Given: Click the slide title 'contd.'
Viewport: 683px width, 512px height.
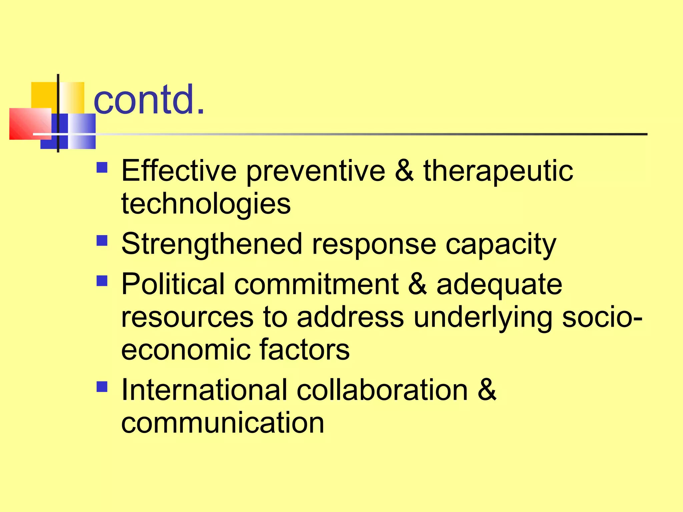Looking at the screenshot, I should [149, 99].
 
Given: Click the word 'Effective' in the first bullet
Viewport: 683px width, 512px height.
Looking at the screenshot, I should [179, 171].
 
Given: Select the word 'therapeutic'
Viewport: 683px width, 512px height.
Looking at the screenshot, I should [498, 171].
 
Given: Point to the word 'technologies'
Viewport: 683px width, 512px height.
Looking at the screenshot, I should [206, 204].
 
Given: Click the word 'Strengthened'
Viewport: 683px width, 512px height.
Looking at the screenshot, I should [211, 244].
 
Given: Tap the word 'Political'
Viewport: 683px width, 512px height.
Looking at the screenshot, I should [173, 284].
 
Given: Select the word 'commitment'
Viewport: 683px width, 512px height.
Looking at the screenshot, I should [316, 284].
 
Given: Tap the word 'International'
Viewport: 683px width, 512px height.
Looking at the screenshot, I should [204, 390].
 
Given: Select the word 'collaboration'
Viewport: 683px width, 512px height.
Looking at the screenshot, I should [382, 390].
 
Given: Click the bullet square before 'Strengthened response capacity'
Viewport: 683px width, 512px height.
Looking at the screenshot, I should [102, 241].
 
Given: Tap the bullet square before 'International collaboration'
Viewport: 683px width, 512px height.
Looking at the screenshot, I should [102, 387].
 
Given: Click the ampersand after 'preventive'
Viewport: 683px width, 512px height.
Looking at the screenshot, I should [404, 171].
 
